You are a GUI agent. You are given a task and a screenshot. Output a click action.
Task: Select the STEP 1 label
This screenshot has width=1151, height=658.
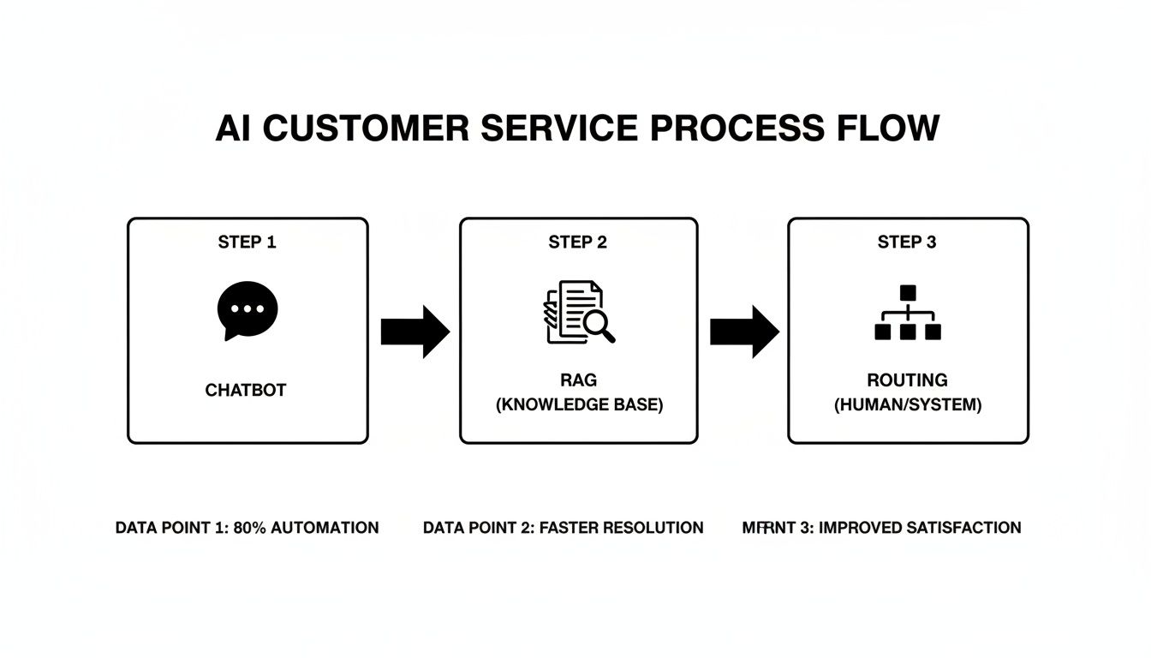click(247, 242)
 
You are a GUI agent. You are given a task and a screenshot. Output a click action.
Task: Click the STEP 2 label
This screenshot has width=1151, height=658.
click(578, 242)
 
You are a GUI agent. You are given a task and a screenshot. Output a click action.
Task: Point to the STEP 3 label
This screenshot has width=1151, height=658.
click(907, 242)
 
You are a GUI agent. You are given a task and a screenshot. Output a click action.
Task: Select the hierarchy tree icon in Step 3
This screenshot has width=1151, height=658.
click(908, 313)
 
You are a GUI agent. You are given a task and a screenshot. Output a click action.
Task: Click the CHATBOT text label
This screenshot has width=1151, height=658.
click(246, 391)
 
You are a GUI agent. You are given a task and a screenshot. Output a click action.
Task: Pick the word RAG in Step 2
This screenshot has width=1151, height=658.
click(579, 380)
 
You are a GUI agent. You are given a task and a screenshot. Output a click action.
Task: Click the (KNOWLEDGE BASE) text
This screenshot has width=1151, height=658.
click(579, 405)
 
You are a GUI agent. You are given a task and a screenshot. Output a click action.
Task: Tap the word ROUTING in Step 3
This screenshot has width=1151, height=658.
click(907, 380)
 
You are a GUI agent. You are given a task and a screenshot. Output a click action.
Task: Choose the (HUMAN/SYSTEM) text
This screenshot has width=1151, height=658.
click(908, 405)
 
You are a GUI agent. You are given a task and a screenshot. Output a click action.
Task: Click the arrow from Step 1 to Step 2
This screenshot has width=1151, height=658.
click(414, 330)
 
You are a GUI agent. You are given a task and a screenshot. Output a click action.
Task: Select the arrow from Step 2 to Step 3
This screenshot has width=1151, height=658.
click(743, 330)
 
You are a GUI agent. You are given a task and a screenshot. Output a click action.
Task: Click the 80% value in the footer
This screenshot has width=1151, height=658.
click(250, 528)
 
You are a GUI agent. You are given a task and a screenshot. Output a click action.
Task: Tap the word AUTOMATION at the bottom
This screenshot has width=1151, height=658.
click(325, 528)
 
